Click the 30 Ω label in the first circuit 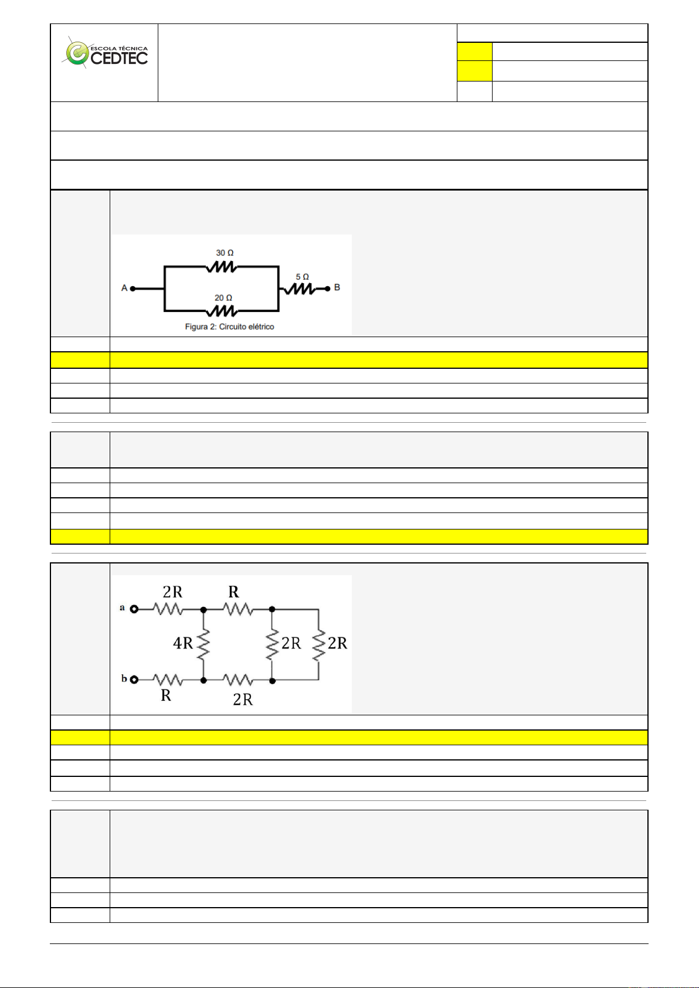225,253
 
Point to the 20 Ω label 223,298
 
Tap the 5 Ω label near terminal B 302,277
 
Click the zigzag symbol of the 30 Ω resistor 221,267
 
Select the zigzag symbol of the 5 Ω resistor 300,288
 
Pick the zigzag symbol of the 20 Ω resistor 222,310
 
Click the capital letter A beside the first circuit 124,288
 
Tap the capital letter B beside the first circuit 337,287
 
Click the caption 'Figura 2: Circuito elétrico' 229,327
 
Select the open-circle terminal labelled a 134,609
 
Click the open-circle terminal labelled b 134,680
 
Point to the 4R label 182,643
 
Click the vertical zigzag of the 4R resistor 203,644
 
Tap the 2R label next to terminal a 172,592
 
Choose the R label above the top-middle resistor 233,592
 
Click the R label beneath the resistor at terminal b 166,695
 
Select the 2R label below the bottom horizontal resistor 243,699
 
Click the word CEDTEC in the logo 119,58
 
